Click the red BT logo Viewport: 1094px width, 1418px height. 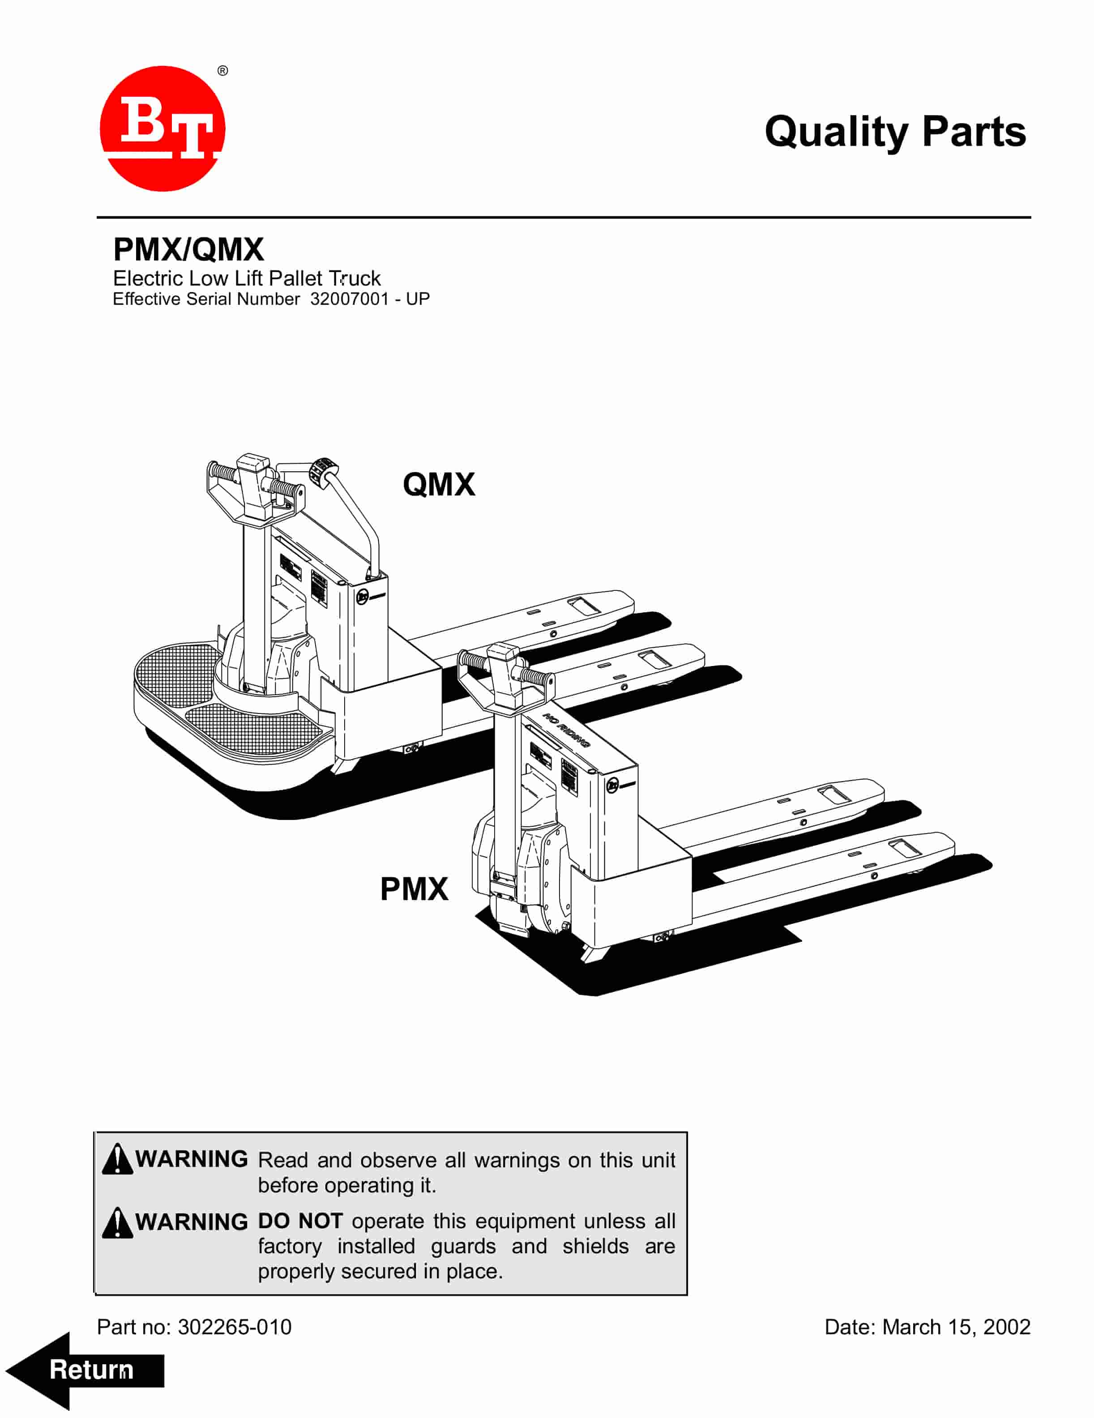coord(162,128)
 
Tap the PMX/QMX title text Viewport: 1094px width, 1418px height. coord(188,249)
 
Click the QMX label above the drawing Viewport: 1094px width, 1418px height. coord(439,484)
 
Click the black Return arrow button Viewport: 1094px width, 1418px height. coord(85,1370)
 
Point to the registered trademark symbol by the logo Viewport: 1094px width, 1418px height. coord(223,71)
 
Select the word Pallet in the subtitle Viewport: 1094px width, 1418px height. coord(295,278)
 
